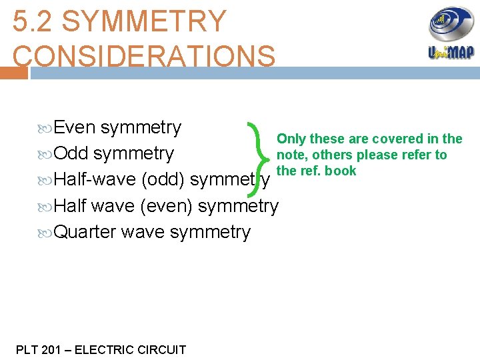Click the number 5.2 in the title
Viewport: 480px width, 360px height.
pos(32,21)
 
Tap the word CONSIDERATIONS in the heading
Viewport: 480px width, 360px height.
pos(144,56)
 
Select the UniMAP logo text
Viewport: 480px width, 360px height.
pos(451,53)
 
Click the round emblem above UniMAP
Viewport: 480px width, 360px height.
pos(451,24)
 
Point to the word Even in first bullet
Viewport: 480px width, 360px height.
pos(75,127)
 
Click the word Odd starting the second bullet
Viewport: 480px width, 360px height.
pos(71,153)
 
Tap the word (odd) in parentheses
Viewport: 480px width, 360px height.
pos(164,179)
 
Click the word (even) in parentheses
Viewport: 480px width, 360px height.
pos(167,206)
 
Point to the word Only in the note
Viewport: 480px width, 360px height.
pos(291,139)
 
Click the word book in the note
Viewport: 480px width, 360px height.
pos(340,171)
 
